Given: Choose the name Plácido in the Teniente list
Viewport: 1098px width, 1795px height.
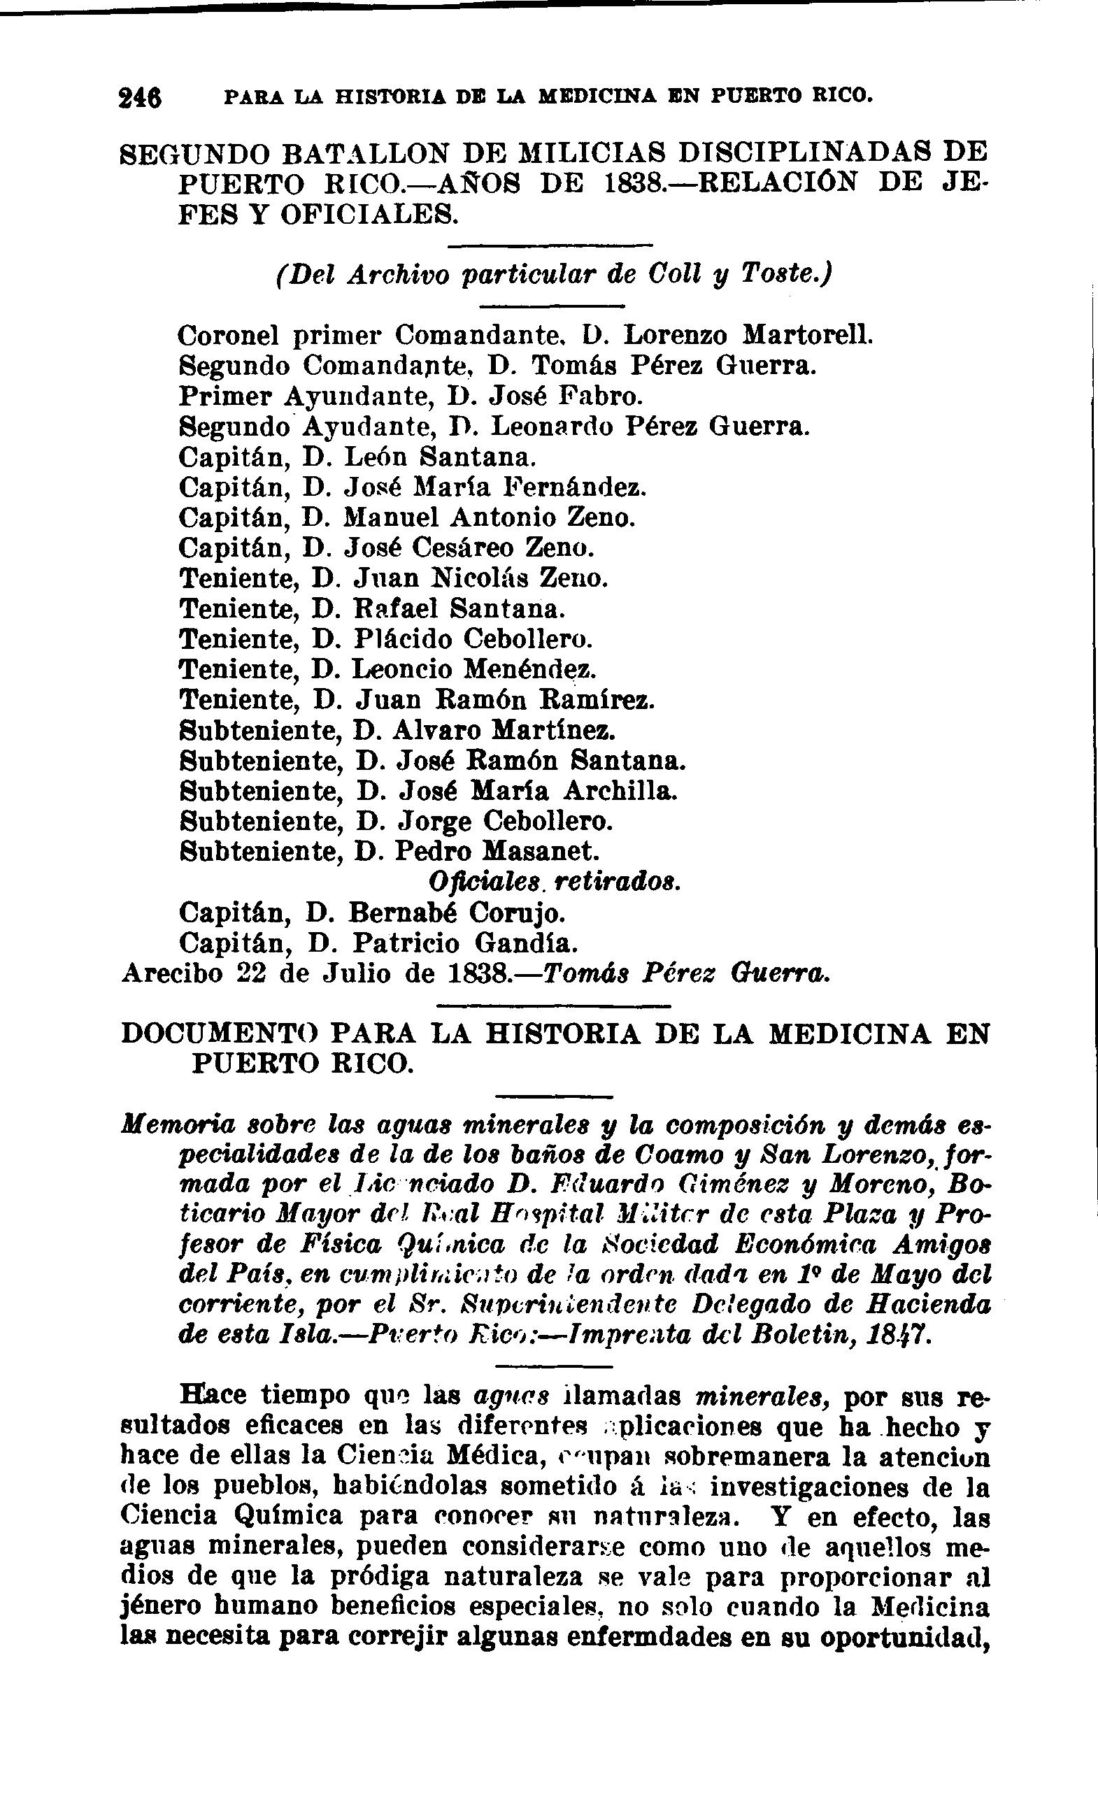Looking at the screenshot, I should (402, 639).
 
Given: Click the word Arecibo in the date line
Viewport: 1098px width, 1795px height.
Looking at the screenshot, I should (172, 974).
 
